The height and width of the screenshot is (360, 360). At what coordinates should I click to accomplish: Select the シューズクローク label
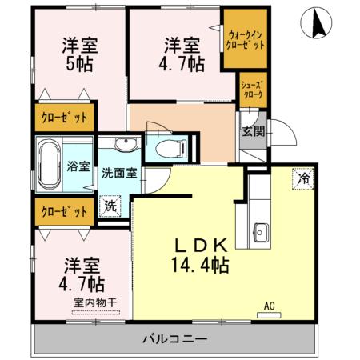tap(252, 87)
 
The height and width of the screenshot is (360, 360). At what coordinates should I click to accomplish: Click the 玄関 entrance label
tap(253, 131)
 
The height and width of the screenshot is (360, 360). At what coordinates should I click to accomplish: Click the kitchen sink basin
tap(260, 234)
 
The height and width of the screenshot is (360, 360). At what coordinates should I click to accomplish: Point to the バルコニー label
tap(175, 338)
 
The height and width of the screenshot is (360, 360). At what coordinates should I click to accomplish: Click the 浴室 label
tap(78, 167)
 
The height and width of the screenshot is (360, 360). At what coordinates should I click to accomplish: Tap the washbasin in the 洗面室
tap(124, 146)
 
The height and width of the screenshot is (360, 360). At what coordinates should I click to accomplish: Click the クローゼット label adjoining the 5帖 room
tap(64, 118)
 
